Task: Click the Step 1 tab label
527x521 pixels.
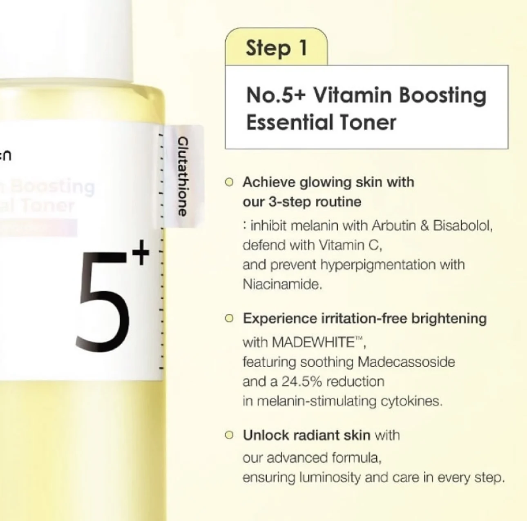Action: (276, 48)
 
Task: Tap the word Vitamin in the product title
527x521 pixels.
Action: (352, 96)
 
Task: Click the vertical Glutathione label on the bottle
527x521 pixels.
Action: (182, 176)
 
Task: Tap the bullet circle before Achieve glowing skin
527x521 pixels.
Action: (230, 182)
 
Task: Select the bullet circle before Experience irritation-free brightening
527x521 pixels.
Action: (230, 318)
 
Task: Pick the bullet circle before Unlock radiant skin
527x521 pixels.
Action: (230, 435)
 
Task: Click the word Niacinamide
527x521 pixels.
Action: (282, 285)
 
